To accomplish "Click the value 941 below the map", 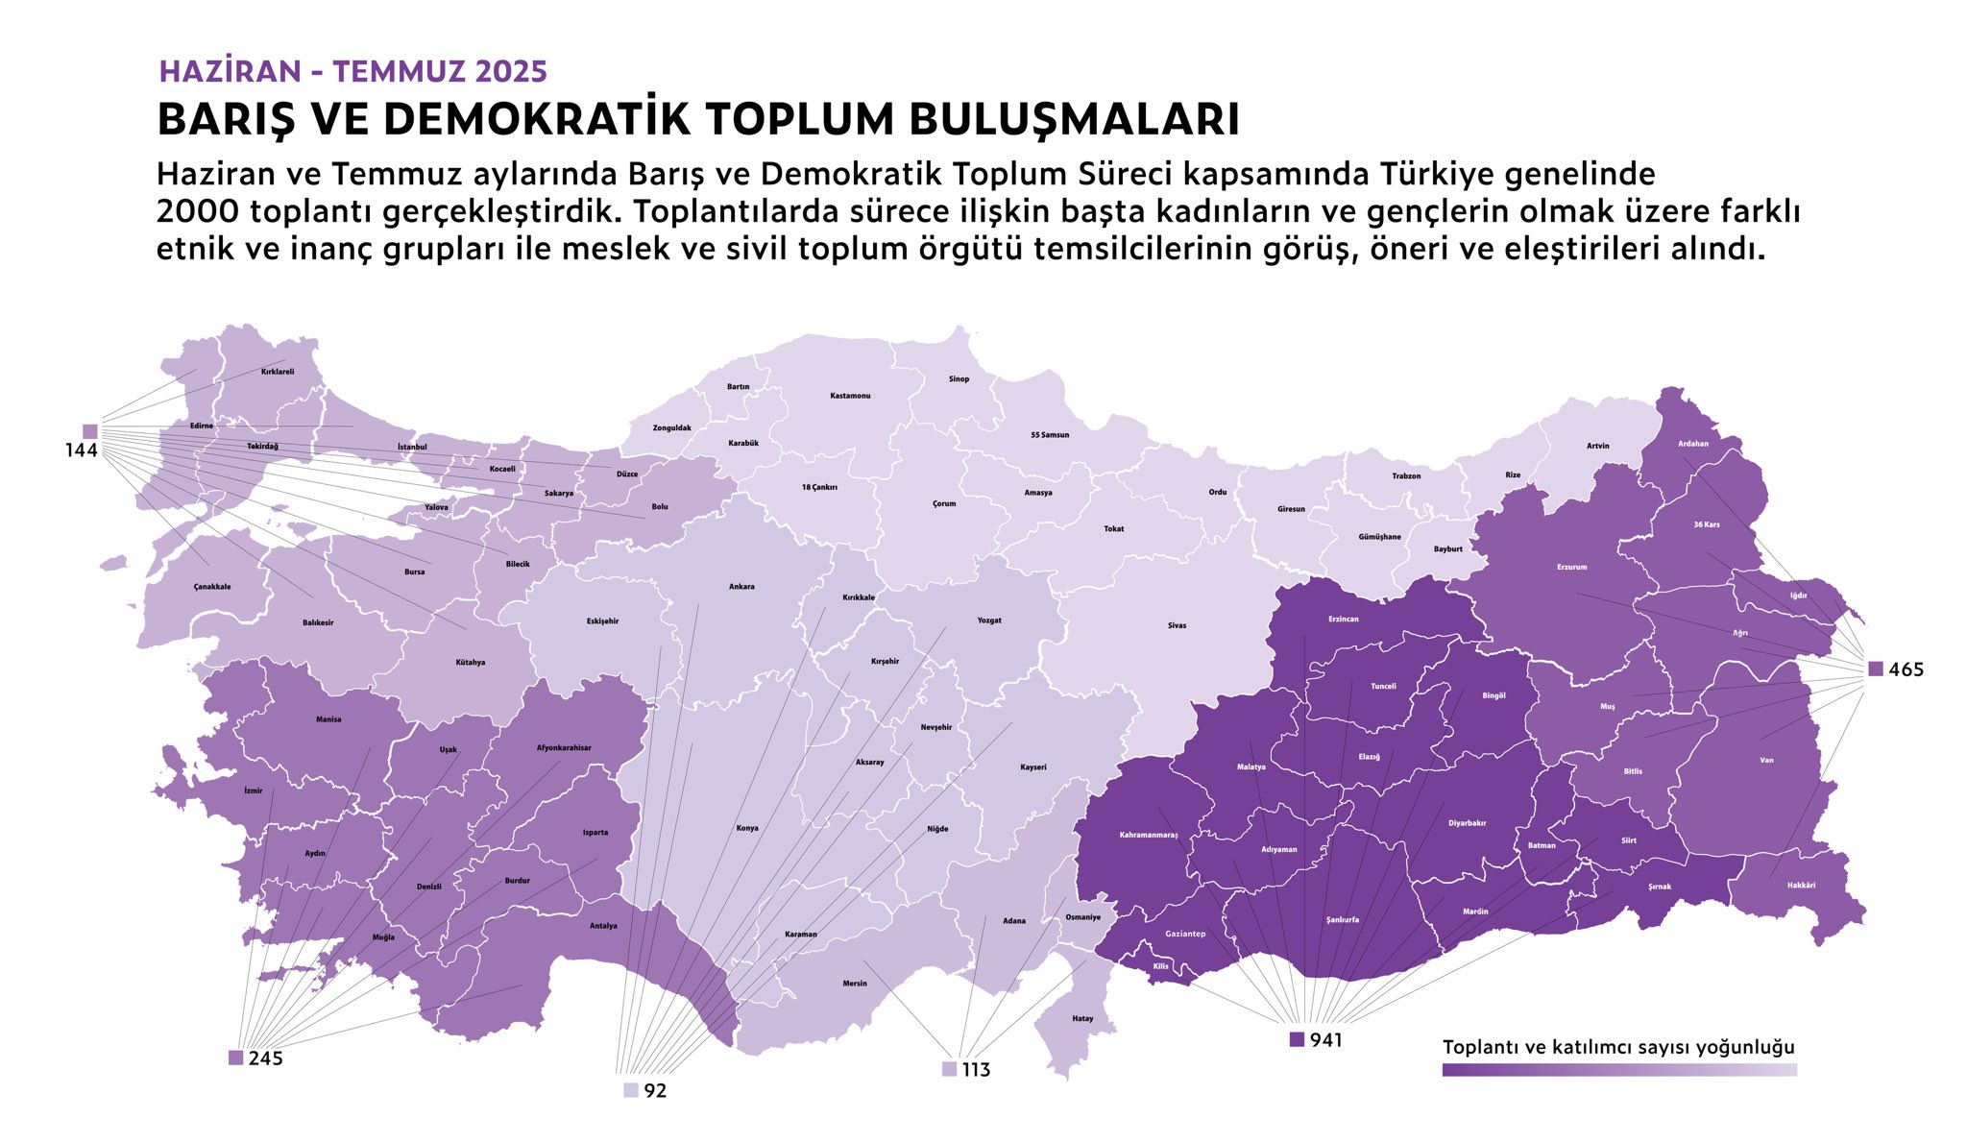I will pos(1326,1040).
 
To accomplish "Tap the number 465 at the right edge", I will pos(1906,669).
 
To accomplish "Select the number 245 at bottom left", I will pos(266,1058).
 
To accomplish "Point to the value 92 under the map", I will pos(655,1091).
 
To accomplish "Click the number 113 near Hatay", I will pos(976,1070).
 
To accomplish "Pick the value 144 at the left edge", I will pos(82,450).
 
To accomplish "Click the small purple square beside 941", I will pos(1297,1039).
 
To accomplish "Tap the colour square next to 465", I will pos(1876,669).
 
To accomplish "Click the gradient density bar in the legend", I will pos(1618,1070).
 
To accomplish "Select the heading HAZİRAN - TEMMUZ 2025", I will pos(352,71).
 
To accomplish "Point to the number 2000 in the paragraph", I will pos(198,211).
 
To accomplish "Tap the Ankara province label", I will pos(741,587).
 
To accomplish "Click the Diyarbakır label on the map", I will pos(1467,823).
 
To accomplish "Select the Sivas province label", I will pos(1177,625).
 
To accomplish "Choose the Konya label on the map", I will pos(746,828).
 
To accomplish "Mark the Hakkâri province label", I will pos(1801,885).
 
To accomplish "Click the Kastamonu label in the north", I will pos(850,396).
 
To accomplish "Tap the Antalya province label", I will pos(603,926).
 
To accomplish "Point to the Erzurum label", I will pos(1571,567).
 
